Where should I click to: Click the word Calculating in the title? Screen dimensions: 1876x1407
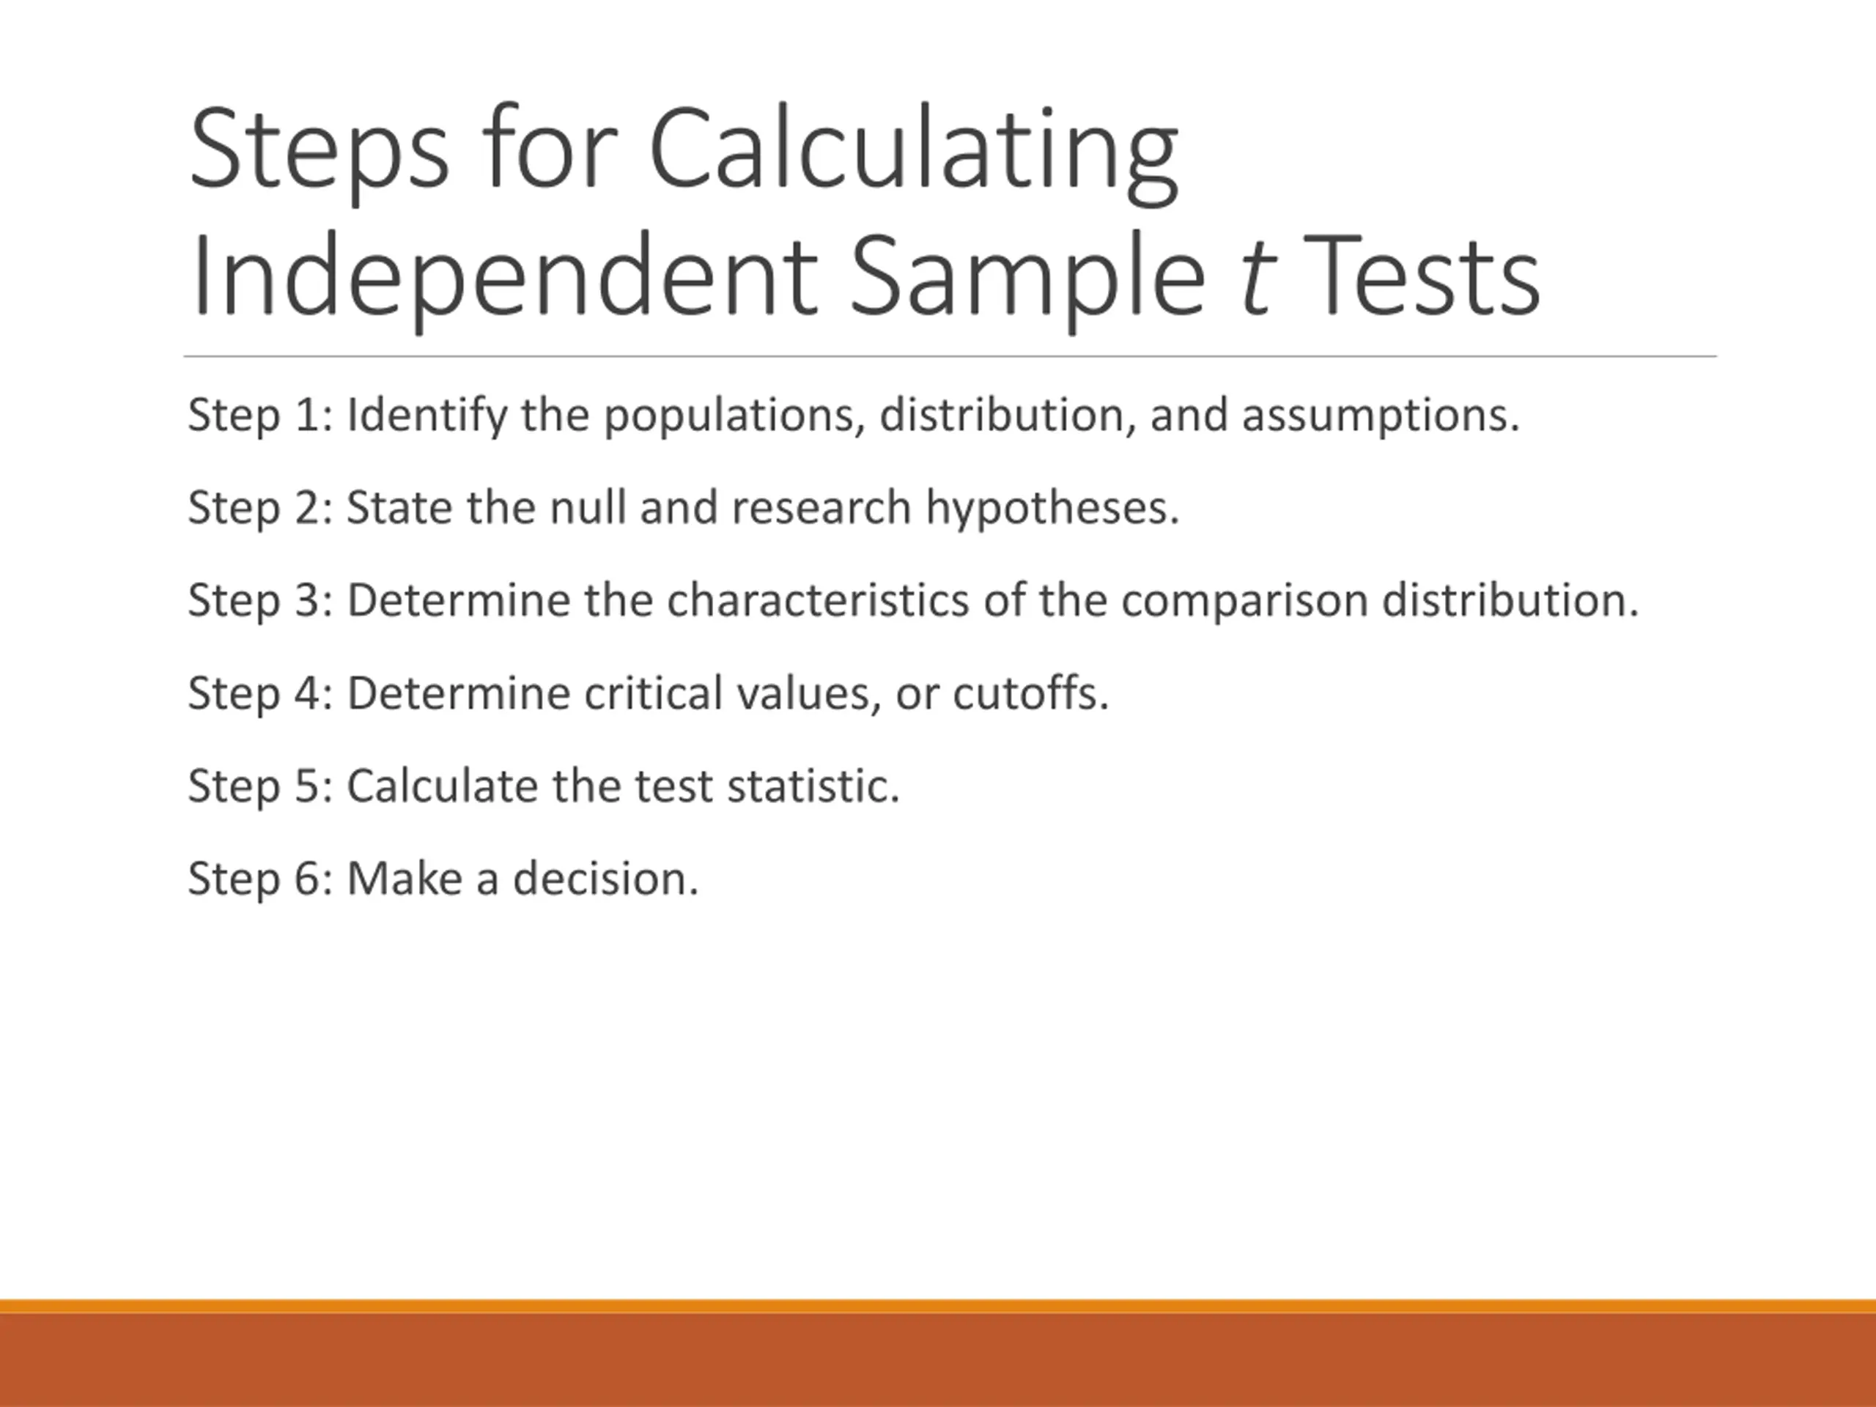tap(915, 152)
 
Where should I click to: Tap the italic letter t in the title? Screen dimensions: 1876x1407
tap(1255, 276)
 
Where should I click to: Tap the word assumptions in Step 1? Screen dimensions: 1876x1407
tap(1381, 416)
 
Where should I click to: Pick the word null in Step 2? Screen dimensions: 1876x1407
tap(587, 507)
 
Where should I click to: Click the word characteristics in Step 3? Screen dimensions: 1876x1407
tap(818, 600)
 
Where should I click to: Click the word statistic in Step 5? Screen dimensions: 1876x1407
tap(813, 786)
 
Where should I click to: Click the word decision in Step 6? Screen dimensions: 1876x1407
tap(605, 879)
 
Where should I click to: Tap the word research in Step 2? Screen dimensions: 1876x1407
tap(821, 508)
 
